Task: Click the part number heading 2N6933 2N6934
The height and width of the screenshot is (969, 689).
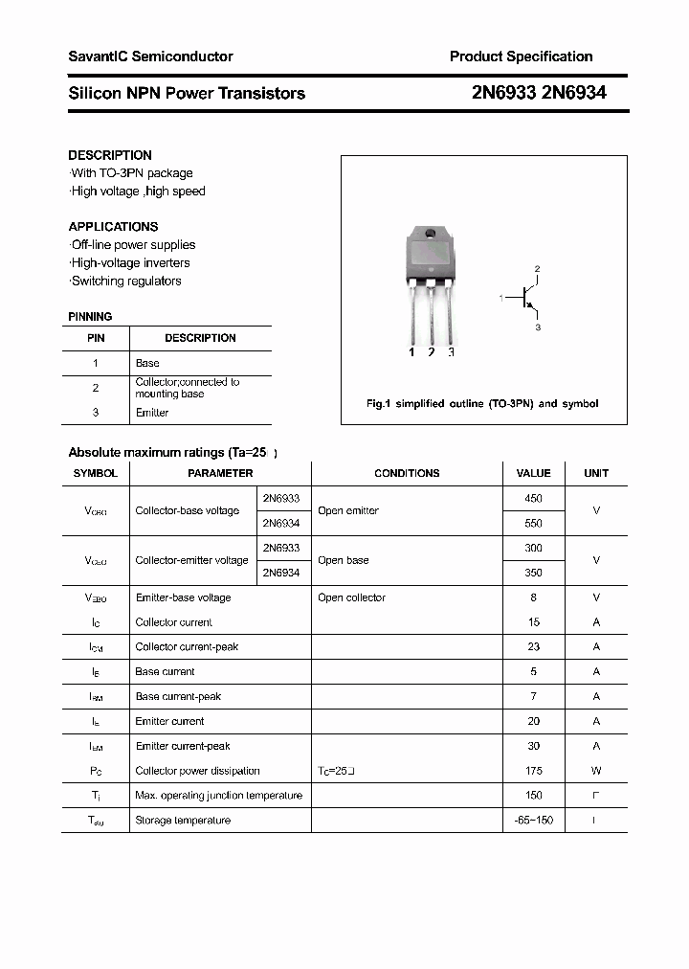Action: point(539,93)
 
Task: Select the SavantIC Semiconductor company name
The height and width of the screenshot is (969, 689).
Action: point(150,56)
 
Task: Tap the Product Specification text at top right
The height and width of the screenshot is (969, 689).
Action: point(521,56)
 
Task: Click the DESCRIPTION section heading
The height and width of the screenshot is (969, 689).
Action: point(110,155)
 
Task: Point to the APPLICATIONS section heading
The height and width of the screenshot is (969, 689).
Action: point(113,227)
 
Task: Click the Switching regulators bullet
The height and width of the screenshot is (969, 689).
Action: point(125,281)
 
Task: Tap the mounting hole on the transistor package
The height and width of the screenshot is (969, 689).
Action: point(430,235)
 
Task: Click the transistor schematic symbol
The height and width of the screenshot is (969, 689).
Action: point(524,298)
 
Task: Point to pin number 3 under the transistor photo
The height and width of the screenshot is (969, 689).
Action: point(451,352)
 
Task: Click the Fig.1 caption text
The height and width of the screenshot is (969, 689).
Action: point(482,404)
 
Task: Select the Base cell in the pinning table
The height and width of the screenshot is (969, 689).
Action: point(147,363)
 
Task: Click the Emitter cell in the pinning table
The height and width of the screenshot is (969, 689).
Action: point(152,413)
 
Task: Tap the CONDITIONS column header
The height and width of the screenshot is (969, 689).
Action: point(407,473)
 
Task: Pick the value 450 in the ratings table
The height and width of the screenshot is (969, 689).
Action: point(533,498)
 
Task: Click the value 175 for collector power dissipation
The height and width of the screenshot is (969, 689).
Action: point(533,771)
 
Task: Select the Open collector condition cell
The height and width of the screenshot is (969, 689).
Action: point(351,597)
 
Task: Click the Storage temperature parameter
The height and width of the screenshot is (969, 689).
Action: point(183,821)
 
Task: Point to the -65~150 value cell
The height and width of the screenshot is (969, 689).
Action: point(533,821)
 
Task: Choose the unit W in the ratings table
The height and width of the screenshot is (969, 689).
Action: point(596,771)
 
